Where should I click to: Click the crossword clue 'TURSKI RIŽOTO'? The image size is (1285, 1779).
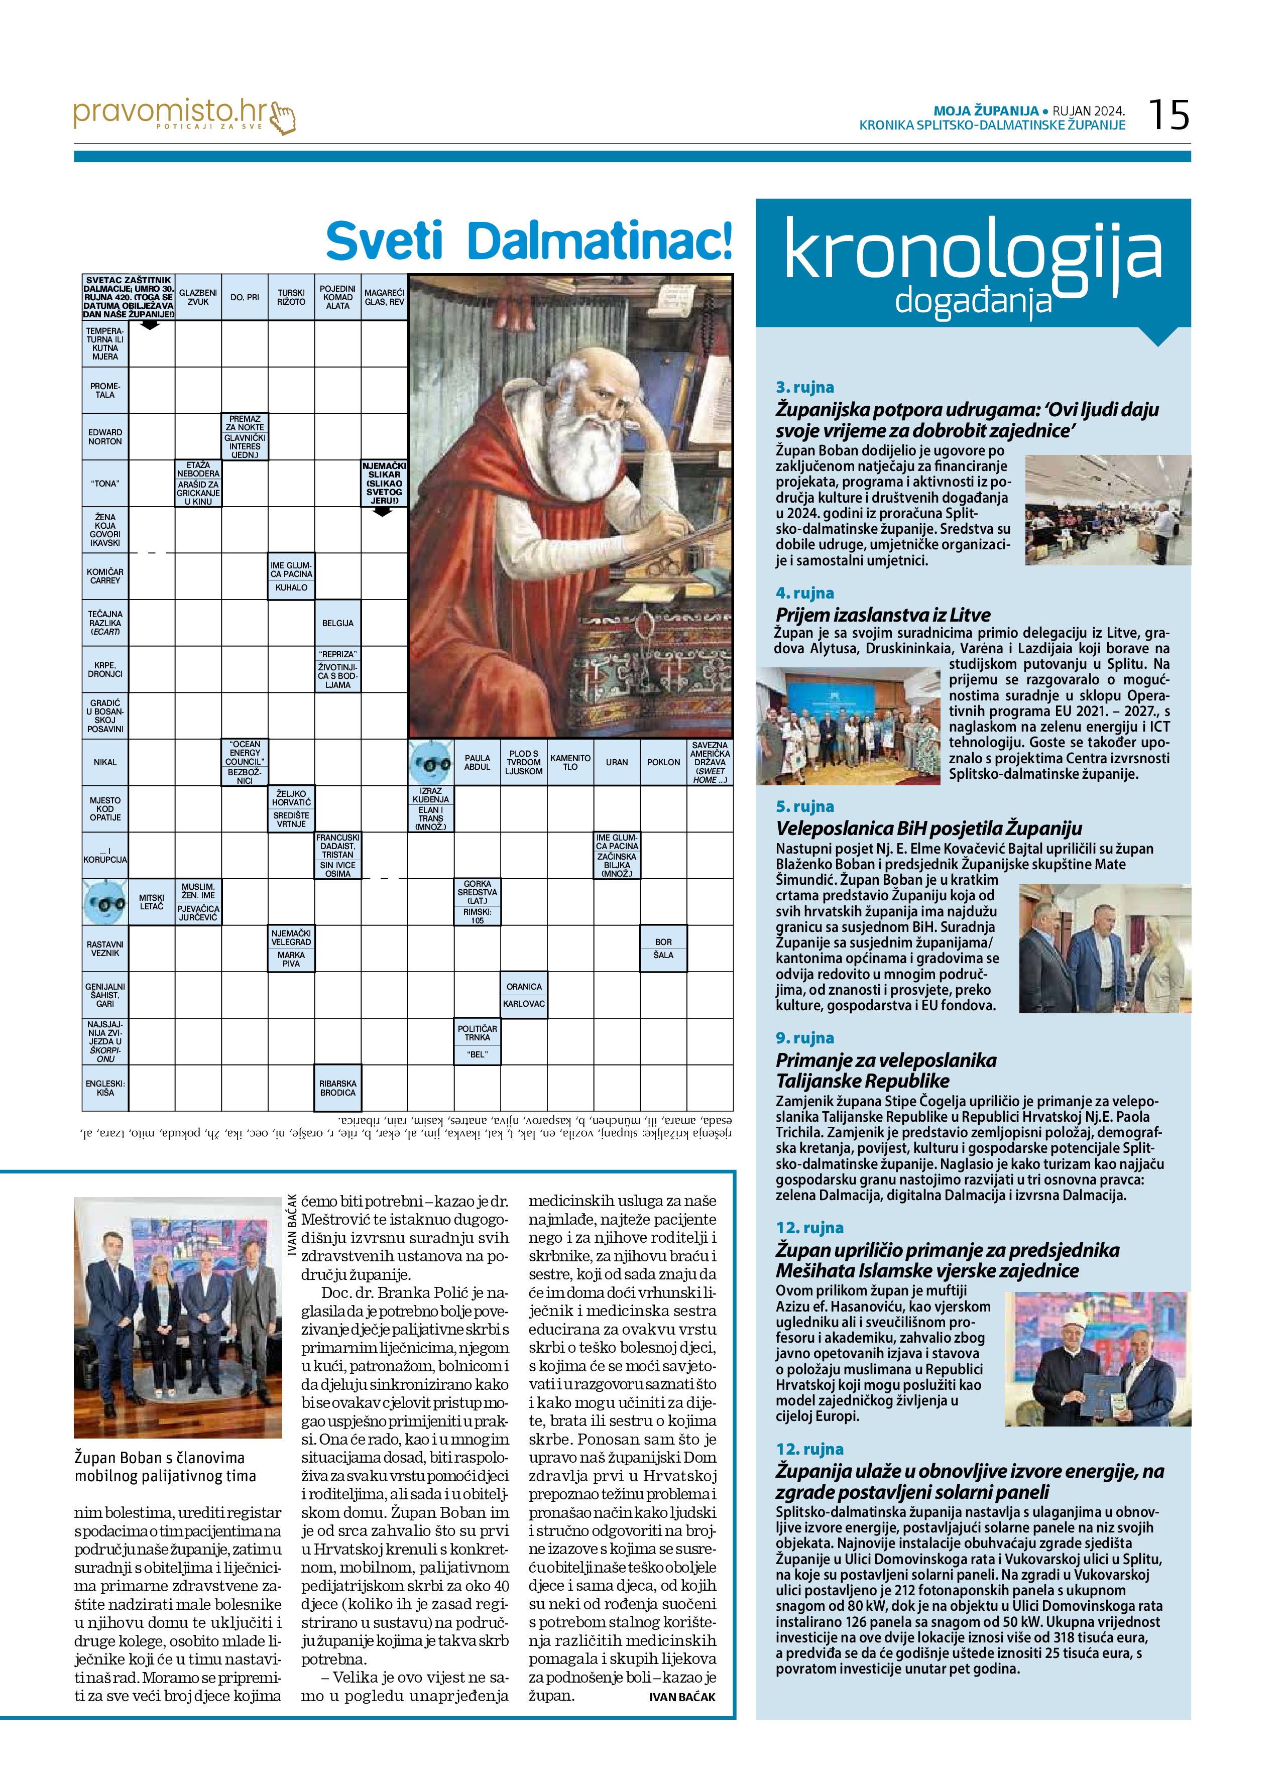[291, 297]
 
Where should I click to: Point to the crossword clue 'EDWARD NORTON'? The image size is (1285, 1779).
[105, 437]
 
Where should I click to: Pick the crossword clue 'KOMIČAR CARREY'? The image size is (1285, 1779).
[105, 576]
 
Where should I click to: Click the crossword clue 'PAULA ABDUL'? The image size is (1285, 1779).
[477, 762]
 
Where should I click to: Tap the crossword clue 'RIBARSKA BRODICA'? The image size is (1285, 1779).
[337, 1088]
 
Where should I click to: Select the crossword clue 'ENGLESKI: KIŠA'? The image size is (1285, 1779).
[105, 1088]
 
